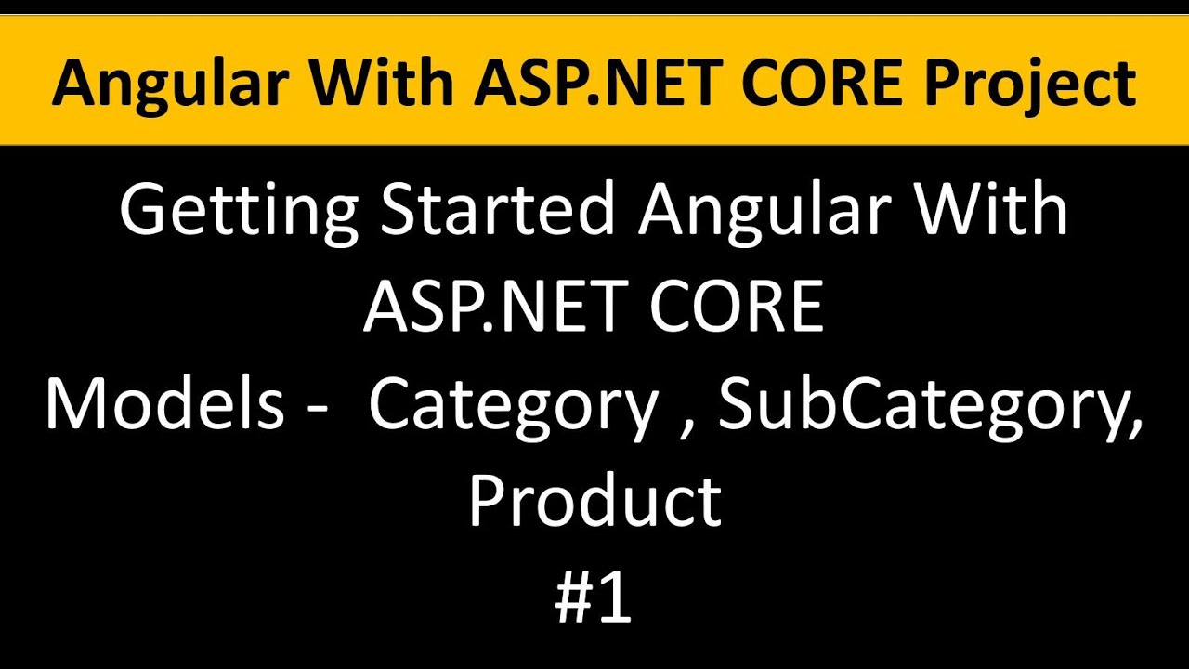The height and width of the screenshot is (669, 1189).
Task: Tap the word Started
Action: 498,211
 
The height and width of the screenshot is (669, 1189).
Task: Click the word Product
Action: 594,502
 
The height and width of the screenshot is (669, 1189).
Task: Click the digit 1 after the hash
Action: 617,599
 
